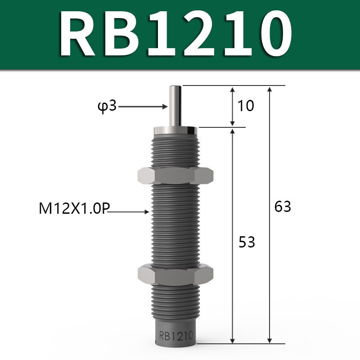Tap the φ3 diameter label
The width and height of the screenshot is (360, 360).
point(107,107)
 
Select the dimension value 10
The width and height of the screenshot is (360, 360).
point(246,106)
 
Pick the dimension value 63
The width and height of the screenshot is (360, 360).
point(283,207)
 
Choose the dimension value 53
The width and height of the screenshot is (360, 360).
point(246,242)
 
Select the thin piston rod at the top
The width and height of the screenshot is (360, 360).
point(175,106)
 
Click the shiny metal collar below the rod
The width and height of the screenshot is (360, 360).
point(175,131)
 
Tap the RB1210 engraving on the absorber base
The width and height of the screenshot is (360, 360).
point(175,336)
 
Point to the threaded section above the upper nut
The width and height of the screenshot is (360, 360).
point(175,151)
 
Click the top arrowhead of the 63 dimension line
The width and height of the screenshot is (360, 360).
point(270,89)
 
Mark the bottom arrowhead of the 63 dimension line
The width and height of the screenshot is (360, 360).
point(270,339)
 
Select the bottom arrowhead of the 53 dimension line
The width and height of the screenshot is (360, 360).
point(233,339)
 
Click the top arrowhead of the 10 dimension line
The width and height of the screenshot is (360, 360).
point(233,89)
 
